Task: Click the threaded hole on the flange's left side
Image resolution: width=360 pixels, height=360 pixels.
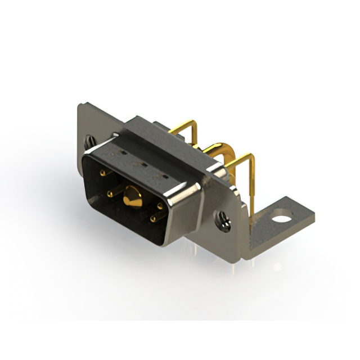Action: click(x=90, y=141)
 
